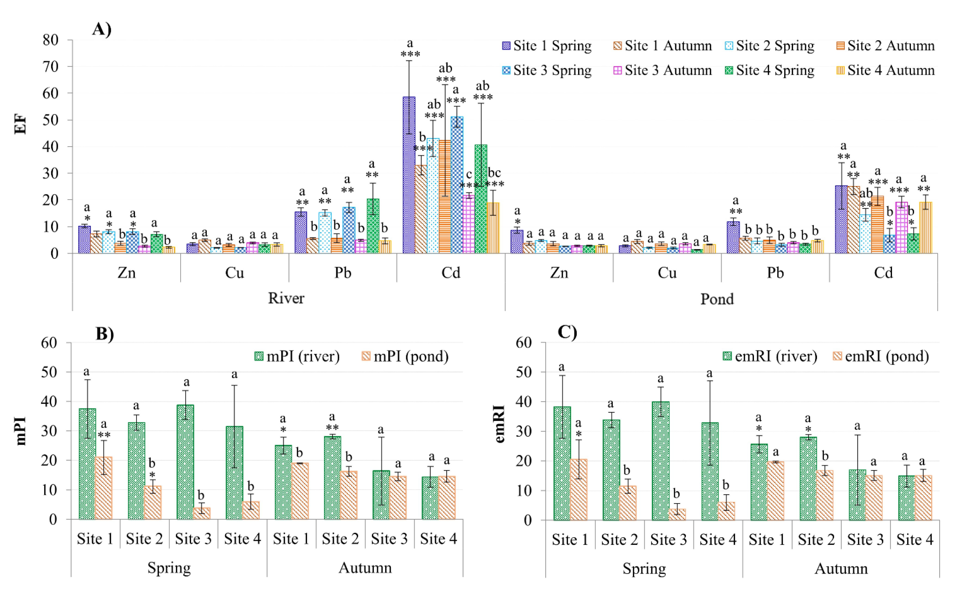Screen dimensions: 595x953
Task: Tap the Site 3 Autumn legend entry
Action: click(x=663, y=70)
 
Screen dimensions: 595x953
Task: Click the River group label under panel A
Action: click(x=286, y=298)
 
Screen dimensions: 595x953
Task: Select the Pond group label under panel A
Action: click(x=717, y=299)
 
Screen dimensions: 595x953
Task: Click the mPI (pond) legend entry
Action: click(x=405, y=357)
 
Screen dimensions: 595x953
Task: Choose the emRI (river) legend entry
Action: click(x=770, y=357)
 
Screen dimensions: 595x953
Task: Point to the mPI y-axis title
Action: click(x=20, y=431)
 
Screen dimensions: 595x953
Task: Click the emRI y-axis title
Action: click(x=499, y=424)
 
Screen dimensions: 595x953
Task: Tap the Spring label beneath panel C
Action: click(x=644, y=569)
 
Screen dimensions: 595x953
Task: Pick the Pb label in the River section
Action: click(x=343, y=272)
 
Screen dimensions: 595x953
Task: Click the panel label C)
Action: click(x=567, y=333)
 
